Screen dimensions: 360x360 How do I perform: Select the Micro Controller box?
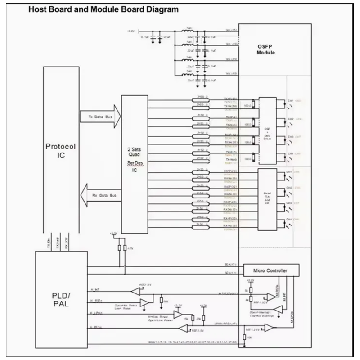(x=271, y=270)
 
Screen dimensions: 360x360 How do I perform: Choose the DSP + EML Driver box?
(x=267, y=130)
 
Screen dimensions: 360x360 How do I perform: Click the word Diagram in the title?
(x=161, y=9)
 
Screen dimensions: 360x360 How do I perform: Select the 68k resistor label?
(x=166, y=300)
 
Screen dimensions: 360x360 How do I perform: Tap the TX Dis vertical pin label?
(x=48, y=245)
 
